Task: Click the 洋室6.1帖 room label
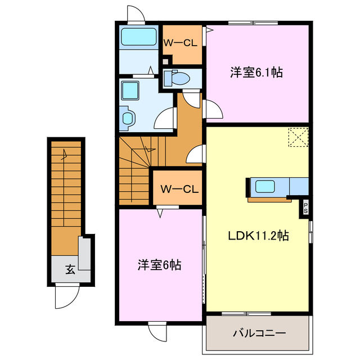(x=256, y=73)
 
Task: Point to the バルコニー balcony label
(x=259, y=333)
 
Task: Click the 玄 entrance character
(x=69, y=269)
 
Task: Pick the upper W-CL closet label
(x=181, y=42)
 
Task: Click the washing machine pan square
(x=132, y=91)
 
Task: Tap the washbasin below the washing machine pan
(x=128, y=118)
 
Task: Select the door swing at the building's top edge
(x=136, y=14)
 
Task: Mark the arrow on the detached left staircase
(x=65, y=153)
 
